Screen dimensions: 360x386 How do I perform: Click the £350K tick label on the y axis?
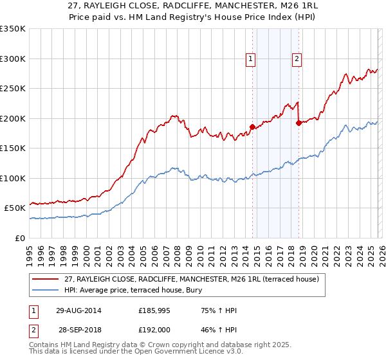pyautogui.click(x=13, y=29)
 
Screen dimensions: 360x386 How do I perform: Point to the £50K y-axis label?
pyautogui.click(x=15, y=208)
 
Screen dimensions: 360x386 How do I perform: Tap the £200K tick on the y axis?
pyautogui.click(x=13, y=118)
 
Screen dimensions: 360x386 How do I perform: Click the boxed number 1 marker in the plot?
pyautogui.click(x=250, y=59)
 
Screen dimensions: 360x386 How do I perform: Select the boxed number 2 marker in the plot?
pyautogui.click(x=297, y=59)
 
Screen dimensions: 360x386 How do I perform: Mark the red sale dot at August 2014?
pyautogui.click(x=252, y=127)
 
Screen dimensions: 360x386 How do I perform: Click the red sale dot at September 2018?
pyautogui.click(x=299, y=123)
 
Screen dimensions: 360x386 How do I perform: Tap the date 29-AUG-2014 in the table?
pyautogui.click(x=78, y=310)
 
